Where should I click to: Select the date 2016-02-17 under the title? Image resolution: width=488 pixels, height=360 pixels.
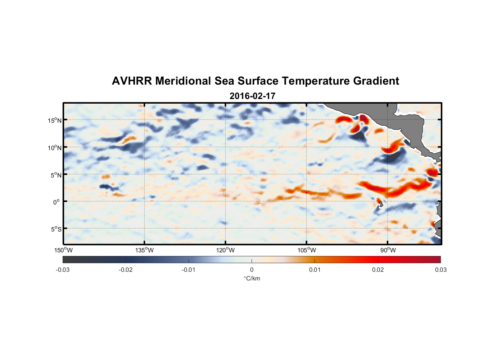252,96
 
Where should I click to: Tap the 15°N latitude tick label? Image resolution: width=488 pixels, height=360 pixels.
55,120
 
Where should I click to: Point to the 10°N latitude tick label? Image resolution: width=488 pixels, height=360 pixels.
55,148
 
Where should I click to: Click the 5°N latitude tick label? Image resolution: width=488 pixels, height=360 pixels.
56,175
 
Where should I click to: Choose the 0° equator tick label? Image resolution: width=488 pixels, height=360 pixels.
57,202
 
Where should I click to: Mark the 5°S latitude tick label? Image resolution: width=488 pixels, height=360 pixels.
56,229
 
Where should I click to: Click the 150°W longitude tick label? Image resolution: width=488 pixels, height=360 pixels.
64,250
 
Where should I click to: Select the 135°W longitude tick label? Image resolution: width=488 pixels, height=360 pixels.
145,250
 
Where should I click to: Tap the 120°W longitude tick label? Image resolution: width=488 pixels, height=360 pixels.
226,250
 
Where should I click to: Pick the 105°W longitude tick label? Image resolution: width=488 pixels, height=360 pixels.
307,250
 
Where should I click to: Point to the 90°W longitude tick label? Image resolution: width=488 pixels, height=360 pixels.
388,250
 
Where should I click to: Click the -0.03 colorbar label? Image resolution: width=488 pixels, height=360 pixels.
63,270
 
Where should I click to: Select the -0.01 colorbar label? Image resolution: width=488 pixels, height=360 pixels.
189,270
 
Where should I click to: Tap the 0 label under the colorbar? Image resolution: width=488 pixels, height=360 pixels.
252,270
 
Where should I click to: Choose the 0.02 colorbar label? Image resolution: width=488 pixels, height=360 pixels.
378,270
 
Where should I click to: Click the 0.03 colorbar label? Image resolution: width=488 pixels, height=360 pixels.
440,270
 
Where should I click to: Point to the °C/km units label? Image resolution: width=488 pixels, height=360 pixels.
252,278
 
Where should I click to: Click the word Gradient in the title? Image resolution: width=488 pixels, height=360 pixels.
376,81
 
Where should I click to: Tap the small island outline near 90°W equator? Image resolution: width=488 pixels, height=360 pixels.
381,204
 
